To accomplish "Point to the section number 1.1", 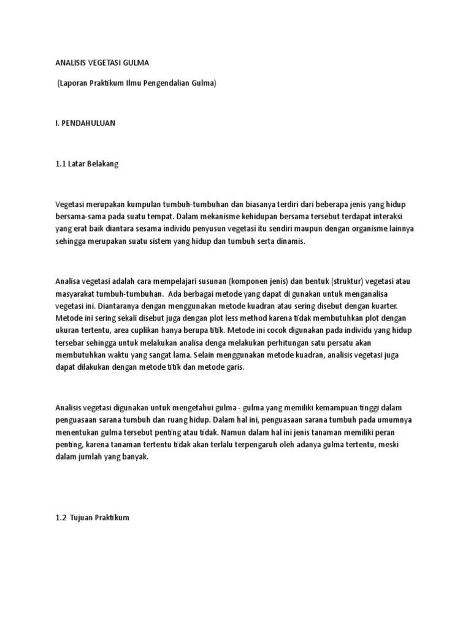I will pyautogui.click(x=60, y=164).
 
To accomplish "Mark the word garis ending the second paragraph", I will pyautogui.click(x=233, y=368).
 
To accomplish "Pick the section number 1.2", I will pyautogui.click(x=60, y=518).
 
